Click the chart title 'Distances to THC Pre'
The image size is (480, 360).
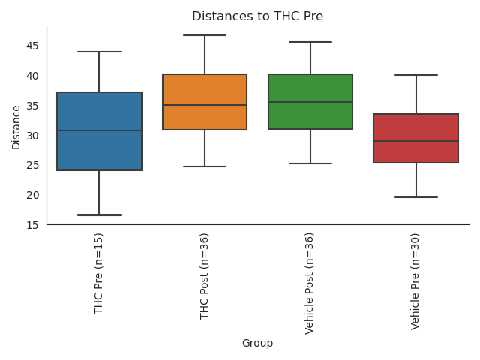[x=257, y=16]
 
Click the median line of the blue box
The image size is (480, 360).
[x=99, y=130]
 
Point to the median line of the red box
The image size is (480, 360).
[x=416, y=141]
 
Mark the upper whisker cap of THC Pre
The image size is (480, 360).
[x=99, y=52]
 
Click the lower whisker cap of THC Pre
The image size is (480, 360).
[x=99, y=215]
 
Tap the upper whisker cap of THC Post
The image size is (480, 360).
[x=205, y=35]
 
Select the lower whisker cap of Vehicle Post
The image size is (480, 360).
[x=310, y=163]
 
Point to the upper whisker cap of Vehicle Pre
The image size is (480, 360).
[x=416, y=75]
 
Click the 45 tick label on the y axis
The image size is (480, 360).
[x=33, y=46]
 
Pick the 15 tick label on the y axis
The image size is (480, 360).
[x=33, y=224]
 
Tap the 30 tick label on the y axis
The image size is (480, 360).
[x=33, y=135]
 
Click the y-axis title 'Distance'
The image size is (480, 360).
[x=16, y=127]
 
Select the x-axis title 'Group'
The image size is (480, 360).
[x=257, y=343]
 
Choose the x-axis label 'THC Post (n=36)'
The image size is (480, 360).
[x=205, y=276]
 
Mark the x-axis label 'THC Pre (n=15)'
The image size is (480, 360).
[x=99, y=274]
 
